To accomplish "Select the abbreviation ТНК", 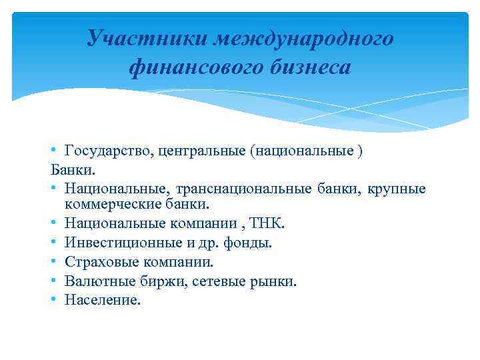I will coord(270,223).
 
